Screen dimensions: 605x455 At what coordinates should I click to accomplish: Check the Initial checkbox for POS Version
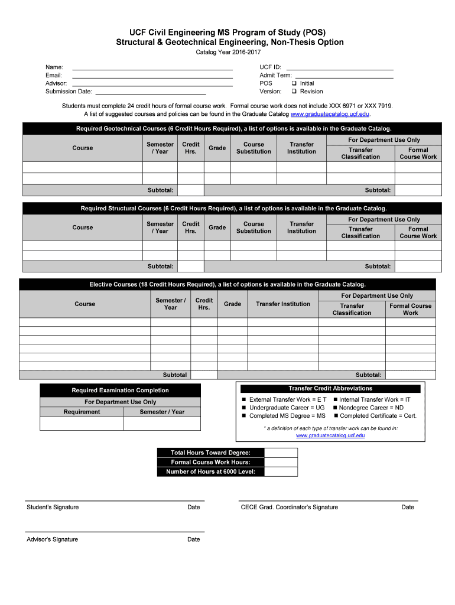click(x=294, y=83)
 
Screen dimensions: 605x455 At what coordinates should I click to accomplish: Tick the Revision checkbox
click(x=294, y=92)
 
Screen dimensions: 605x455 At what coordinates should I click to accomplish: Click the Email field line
click(x=152, y=75)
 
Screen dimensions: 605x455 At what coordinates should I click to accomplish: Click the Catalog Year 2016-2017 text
click(x=227, y=53)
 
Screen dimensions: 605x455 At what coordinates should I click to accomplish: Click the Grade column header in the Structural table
click(x=217, y=227)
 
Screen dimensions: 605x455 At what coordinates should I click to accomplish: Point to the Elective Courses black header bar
click(x=227, y=284)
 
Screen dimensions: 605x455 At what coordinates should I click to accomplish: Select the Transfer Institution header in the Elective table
click(x=282, y=304)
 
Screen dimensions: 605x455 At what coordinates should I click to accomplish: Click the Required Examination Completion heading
click(x=120, y=390)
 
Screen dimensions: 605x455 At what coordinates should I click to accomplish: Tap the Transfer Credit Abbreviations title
click(x=330, y=388)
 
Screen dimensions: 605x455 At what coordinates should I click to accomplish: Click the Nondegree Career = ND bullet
click(x=371, y=408)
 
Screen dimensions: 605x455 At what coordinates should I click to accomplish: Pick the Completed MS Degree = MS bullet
click(x=287, y=416)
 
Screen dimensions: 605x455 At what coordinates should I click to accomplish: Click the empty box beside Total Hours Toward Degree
click(x=281, y=453)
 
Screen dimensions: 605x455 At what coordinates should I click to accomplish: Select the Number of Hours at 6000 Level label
click(x=210, y=471)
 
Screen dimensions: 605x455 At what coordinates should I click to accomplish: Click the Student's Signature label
click(x=53, y=507)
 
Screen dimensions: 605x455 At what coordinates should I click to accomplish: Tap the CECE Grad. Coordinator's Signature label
click(x=289, y=507)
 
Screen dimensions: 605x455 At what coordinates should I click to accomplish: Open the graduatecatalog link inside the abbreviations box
click(x=330, y=435)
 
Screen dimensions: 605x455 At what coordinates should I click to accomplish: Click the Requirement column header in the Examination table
click(x=82, y=412)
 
